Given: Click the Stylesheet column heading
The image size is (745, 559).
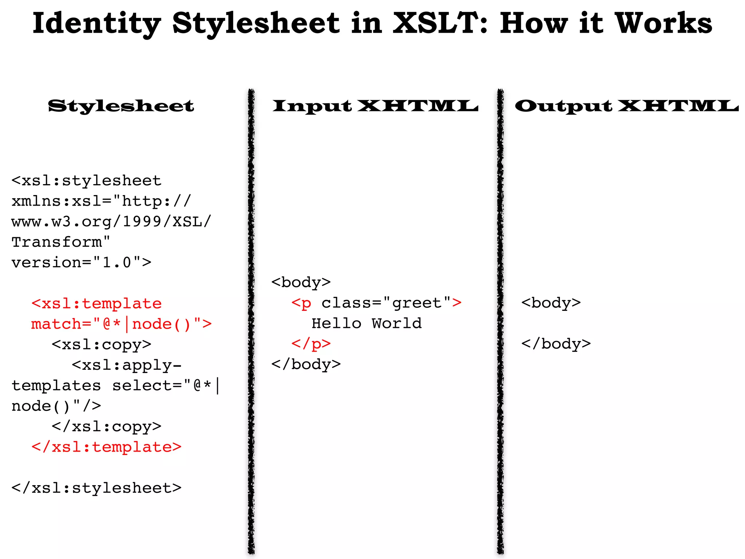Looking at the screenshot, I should (121, 106).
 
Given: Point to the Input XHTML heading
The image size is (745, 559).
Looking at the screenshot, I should (375, 106).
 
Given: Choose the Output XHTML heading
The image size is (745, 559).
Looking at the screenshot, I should (626, 106).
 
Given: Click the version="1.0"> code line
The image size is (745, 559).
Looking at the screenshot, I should (81, 262).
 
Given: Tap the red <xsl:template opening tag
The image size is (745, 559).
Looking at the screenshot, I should (96, 304).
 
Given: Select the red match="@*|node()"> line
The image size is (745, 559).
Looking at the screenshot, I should (121, 324).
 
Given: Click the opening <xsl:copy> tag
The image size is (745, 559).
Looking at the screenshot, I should (101, 344).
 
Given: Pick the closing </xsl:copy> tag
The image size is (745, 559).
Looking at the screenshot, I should (106, 426).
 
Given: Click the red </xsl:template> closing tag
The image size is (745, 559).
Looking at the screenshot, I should (106, 447).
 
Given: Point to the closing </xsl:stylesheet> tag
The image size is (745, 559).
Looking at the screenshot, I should (96, 488).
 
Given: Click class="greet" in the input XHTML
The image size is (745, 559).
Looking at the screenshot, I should (386, 303).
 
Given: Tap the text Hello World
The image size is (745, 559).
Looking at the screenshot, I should (366, 323).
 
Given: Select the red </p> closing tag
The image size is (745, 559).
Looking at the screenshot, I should (311, 344).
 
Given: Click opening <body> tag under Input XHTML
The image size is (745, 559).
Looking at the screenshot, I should (301, 282).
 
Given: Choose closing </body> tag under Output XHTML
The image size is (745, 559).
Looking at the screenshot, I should (556, 344).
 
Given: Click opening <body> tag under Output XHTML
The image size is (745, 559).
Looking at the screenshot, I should (551, 303).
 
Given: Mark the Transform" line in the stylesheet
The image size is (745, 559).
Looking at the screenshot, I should (61, 242).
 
